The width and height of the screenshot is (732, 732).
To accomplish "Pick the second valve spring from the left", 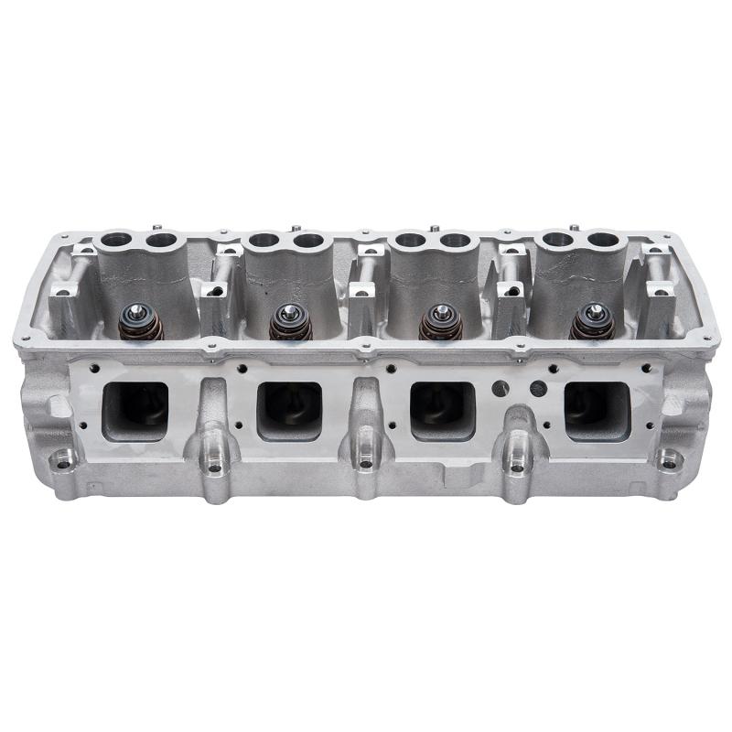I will tap(290, 322).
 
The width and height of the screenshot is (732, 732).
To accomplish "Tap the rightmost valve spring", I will tap(591, 322).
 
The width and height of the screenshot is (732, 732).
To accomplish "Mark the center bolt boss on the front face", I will tap(366, 463).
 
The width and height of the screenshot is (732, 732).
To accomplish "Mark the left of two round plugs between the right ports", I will tap(498, 387).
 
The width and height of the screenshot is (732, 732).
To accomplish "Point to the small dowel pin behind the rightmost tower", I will tap(573, 227).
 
